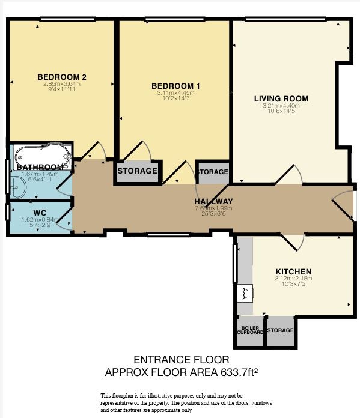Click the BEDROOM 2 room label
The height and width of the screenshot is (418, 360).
[x=63, y=77]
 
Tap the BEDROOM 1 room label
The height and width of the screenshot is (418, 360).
[x=175, y=86]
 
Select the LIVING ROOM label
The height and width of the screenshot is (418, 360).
[x=281, y=98]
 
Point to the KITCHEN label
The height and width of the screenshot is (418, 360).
[x=293, y=271]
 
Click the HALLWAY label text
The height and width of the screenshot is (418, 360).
[x=213, y=201]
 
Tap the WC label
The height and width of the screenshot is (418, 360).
[x=40, y=212]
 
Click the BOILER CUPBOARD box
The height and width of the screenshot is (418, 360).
[x=249, y=330]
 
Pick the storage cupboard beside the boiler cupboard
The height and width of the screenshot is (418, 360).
[x=280, y=330]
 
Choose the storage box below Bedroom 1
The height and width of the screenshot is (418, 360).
[x=137, y=171]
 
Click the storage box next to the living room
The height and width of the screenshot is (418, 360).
[x=213, y=172]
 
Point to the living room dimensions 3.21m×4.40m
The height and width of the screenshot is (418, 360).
[x=281, y=106]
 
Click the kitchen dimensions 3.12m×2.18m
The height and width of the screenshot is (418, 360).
[x=293, y=279]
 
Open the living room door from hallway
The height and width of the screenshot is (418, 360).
[x=288, y=174]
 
